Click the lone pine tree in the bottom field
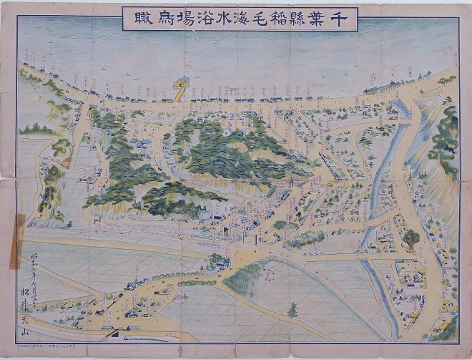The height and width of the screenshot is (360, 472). (292, 310)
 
